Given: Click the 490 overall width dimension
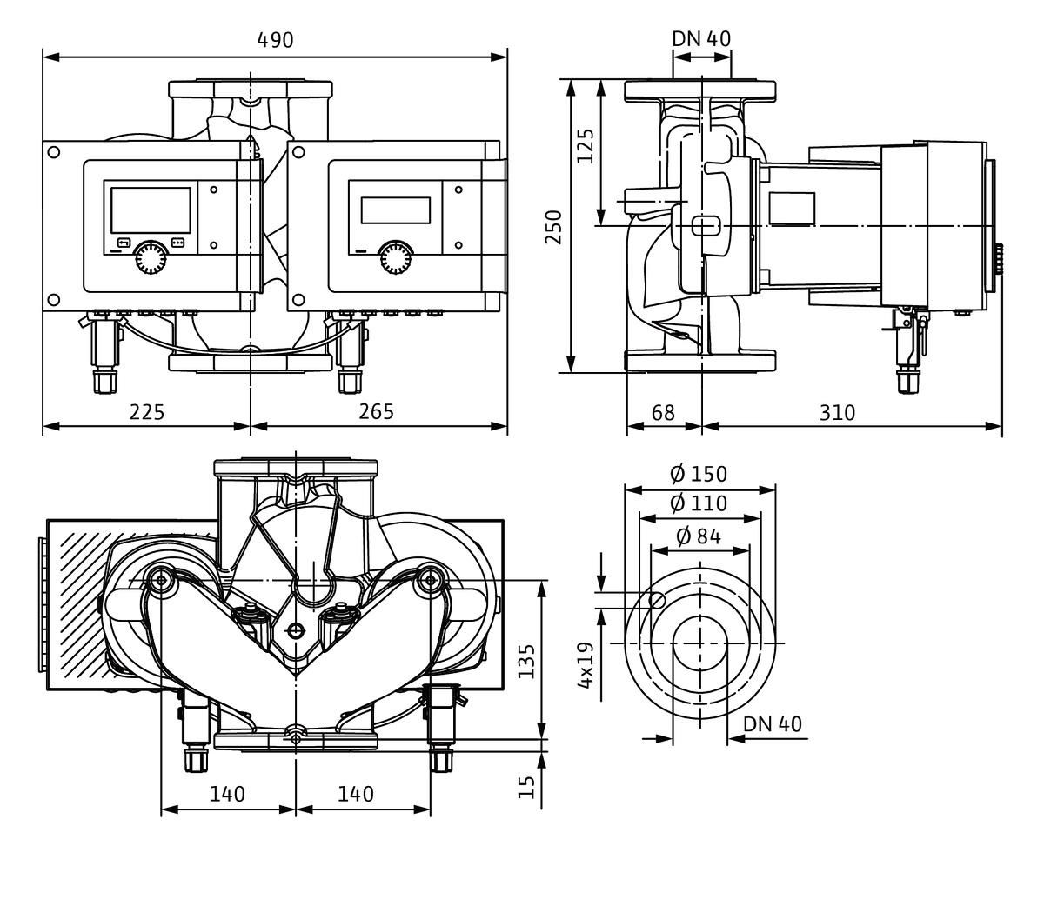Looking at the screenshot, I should pyautogui.click(x=275, y=40).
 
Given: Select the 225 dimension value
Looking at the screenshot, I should pyautogui.click(x=147, y=411).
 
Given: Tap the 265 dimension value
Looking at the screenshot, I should pyautogui.click(x=376, y=411).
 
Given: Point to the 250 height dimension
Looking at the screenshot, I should pyautogui.click(x=554, y=227).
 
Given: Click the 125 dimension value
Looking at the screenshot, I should pyautogui.click(x=586, y=146).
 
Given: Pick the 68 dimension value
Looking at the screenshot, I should pyautogui.click(x=663, y=412).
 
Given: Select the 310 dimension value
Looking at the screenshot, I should pyautogui.click(x=838, y=412).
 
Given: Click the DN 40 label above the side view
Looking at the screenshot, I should pyautogui.click(x=701, y=39).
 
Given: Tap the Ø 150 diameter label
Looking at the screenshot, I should pyautogui.click(x=699, y=474).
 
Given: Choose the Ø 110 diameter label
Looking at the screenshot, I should pyautogui.click(x=699, y=503).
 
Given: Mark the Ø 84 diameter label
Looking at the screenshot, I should pyautogui.click(x=699, y=536).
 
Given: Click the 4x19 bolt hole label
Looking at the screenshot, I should pyautogui.click(x=586, y=665).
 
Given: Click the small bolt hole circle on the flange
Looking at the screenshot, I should pyautogui.click(x=659, y=599).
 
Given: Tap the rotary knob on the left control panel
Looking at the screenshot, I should pyautogui.click(x=151, y=256).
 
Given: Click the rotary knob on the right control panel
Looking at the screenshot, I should pyautogui.click(x=397, y=256).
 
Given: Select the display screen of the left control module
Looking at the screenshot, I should pyautogui.click(x=148, y=210).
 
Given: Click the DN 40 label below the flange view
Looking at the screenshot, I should pyautogui.click(x=773, y=724).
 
